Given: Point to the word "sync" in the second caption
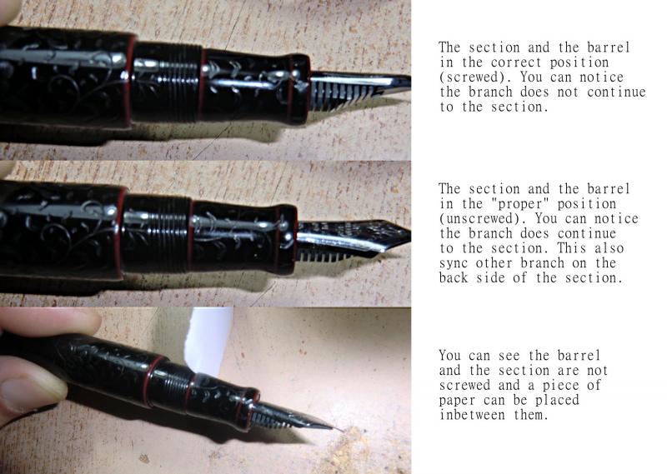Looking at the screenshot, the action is (x=453, y=263).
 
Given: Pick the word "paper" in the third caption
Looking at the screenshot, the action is (x=456, y=401).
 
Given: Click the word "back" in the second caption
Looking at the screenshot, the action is (x=453, y=278).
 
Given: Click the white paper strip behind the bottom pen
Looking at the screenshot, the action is (x=208, y=341).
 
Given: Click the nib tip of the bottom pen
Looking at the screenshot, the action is (x=341, y=430).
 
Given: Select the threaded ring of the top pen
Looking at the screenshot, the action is (x=168, y=82).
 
